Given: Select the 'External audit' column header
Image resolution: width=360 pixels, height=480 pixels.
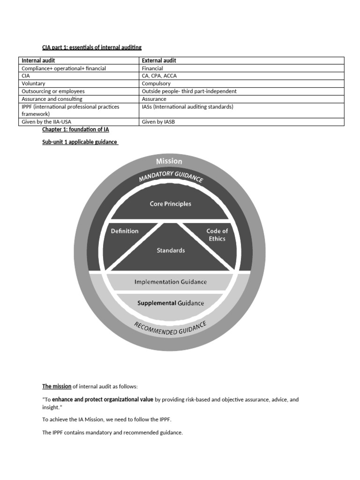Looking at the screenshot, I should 159,60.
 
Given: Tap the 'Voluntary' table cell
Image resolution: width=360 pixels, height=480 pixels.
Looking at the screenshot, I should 34,83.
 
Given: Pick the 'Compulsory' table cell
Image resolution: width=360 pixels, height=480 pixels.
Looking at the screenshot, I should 156,83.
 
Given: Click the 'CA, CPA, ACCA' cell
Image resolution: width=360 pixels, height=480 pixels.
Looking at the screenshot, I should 159,76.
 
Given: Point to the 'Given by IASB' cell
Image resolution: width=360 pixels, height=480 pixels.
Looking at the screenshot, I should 158,122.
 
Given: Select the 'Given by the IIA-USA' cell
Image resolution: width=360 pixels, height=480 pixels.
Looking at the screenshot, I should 46,122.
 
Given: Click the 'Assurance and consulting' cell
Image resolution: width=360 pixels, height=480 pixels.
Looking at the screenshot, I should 52,99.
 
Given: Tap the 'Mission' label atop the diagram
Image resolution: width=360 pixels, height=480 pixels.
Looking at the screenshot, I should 169,161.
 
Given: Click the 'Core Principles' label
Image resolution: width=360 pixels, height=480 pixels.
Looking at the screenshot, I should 170,204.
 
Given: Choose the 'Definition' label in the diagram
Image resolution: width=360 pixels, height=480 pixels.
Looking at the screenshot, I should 125,231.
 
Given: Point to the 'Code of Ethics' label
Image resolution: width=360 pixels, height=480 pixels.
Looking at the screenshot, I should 217,234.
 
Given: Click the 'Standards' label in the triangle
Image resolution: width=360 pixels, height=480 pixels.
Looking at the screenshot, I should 171,250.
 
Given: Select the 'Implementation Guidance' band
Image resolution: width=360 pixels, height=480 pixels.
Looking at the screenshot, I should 171,282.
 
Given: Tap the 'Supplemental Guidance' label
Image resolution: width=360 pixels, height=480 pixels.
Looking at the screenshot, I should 171,303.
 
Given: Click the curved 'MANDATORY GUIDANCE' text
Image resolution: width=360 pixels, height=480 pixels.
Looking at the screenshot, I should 171,176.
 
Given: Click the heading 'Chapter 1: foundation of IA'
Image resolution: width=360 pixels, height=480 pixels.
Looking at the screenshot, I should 75,129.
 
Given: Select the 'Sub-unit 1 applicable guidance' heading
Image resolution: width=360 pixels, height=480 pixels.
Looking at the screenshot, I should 80,142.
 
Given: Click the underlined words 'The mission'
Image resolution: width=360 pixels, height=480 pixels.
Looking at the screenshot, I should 57,387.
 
